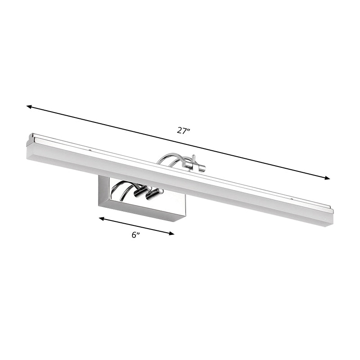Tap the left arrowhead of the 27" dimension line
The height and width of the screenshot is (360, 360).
pos(29,107)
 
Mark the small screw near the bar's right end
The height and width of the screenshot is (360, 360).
pos(292,198)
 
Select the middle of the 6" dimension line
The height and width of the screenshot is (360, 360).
pos(137,226)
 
